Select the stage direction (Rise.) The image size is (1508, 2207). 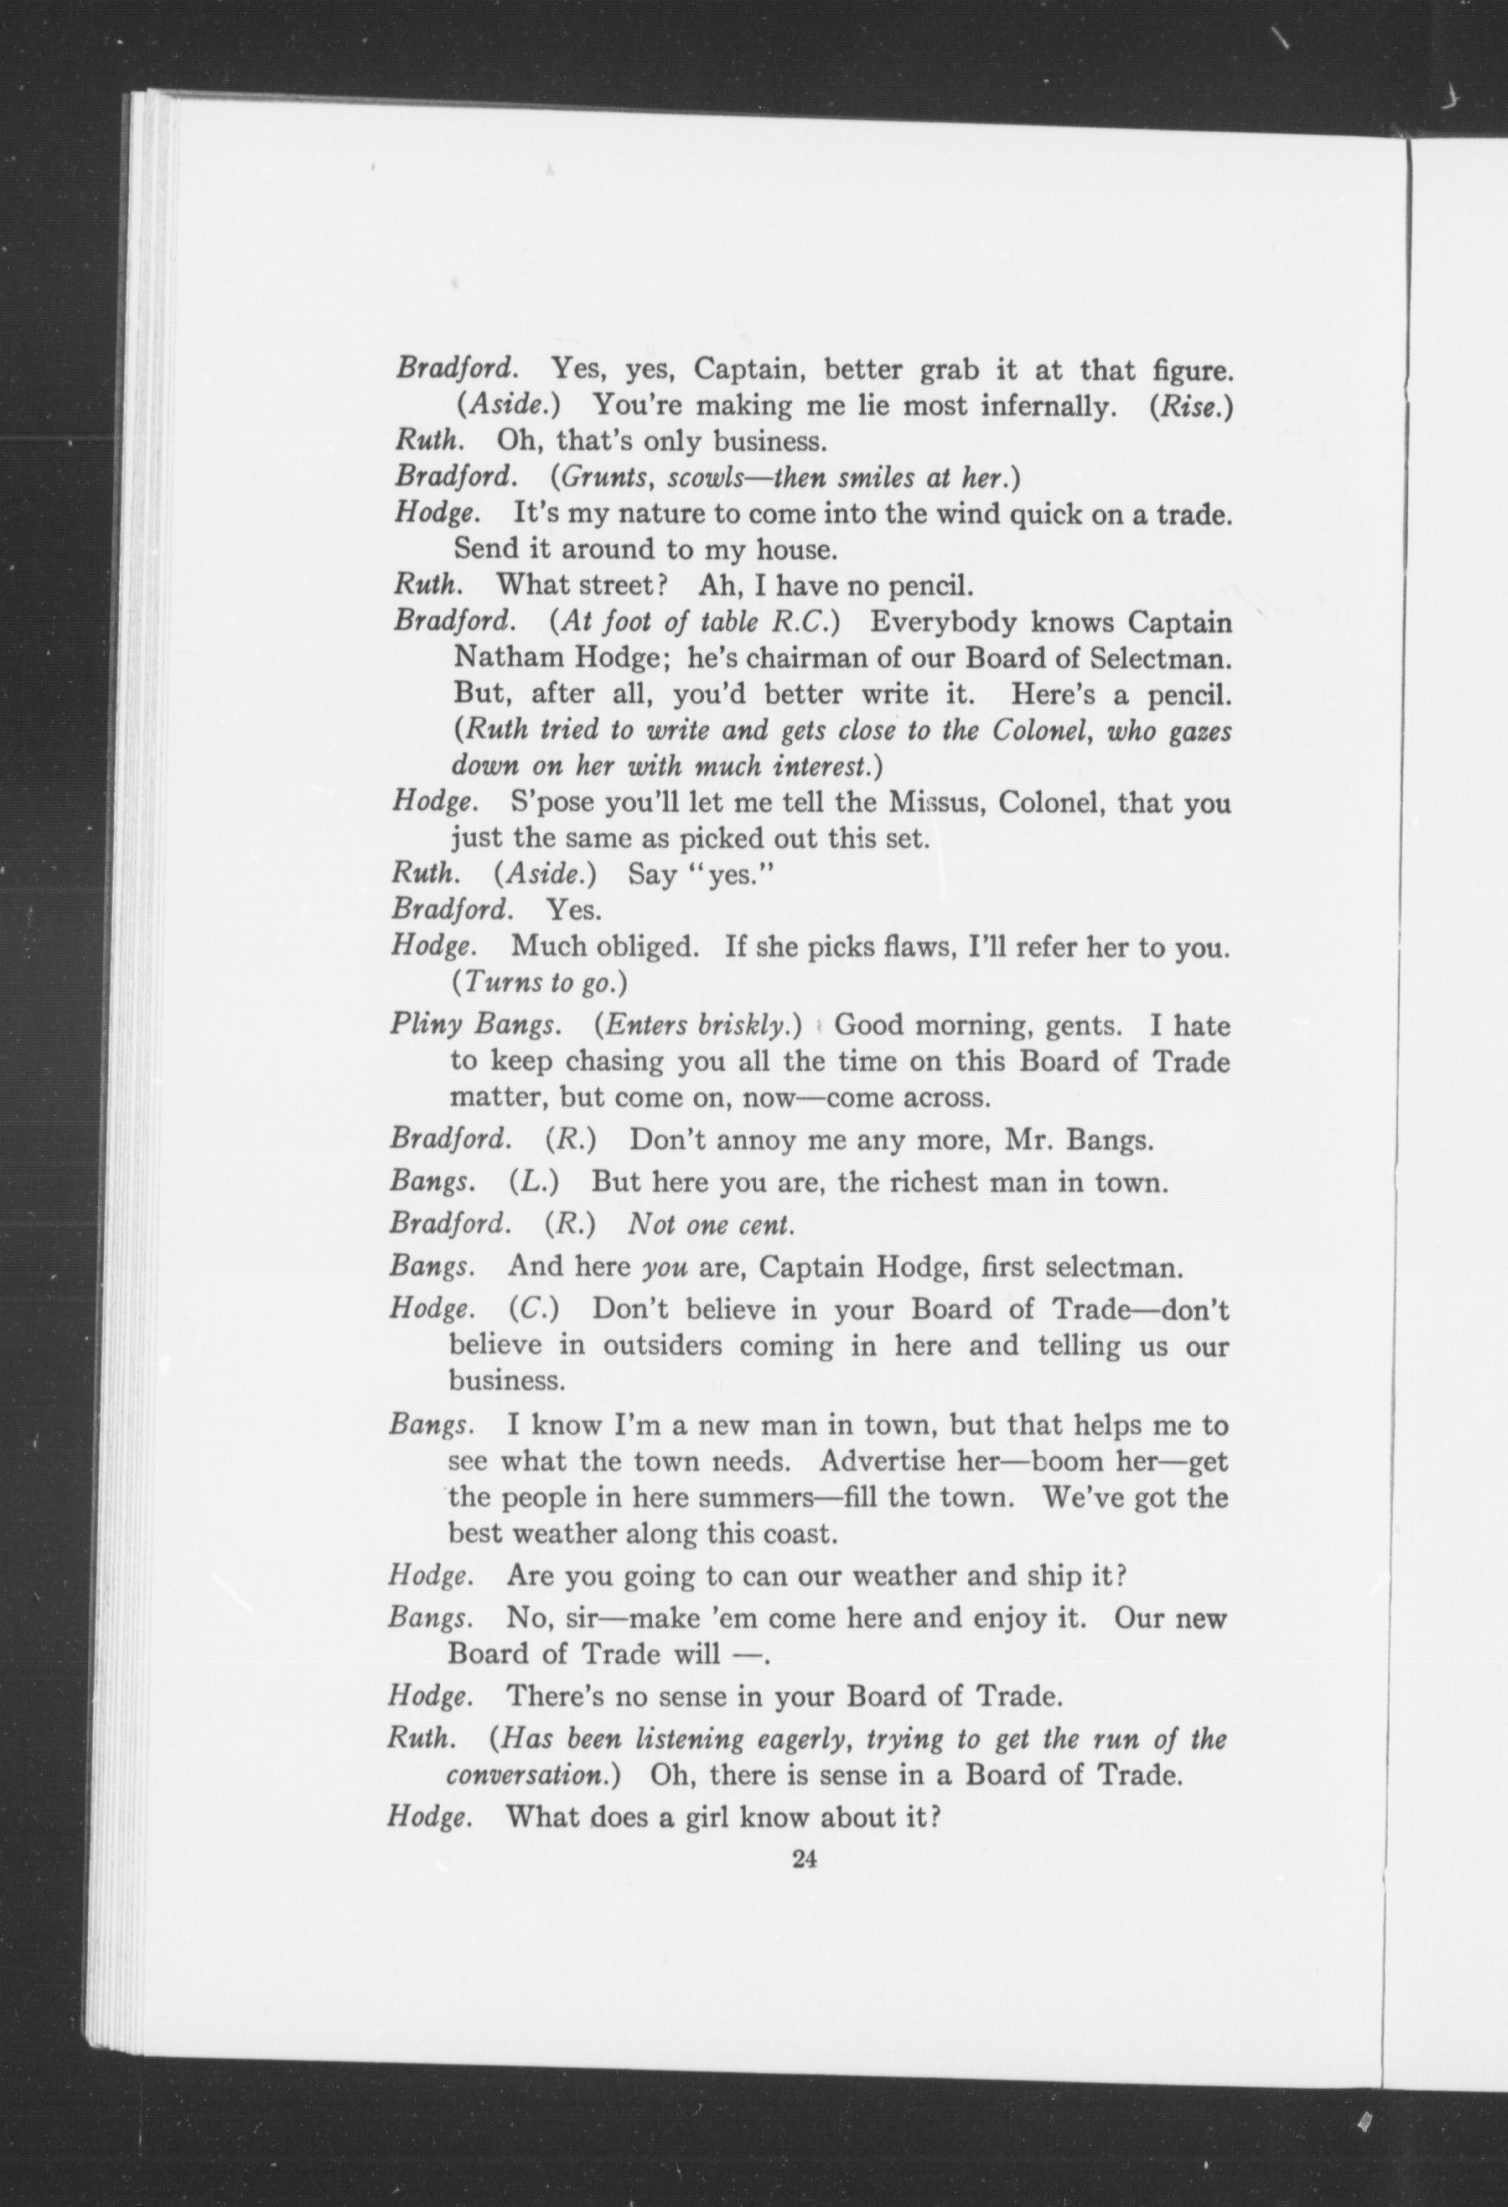click(1191, 406)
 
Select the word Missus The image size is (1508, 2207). click(934, 803)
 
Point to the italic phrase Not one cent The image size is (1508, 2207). click(710, 1225)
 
